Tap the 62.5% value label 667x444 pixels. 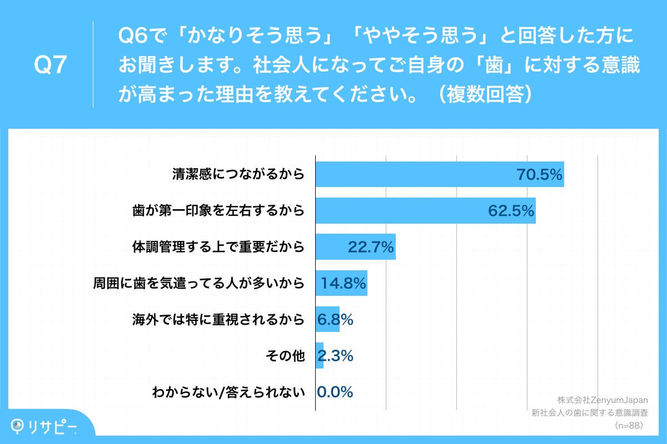511,211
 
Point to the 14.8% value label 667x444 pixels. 343,284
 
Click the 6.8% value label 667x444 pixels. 335,320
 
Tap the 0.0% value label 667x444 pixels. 335,392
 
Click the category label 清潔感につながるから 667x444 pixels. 238,174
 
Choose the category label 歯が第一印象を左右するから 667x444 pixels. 219,211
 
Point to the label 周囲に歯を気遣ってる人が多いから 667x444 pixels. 199,284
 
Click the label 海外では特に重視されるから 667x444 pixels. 219,320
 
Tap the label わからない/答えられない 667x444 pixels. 229,392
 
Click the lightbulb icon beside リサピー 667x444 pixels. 18,425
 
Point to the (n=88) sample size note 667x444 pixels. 628,426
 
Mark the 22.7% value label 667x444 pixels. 371,247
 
